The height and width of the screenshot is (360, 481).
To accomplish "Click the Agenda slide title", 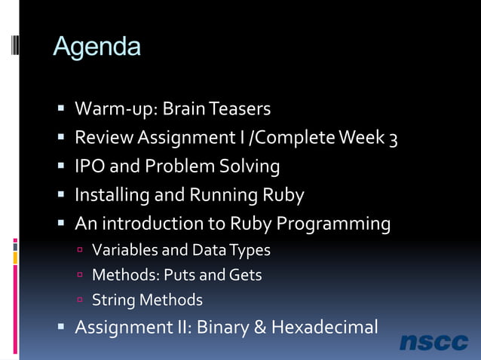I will point(97,47).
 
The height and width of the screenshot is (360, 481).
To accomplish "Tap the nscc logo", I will point(434,342).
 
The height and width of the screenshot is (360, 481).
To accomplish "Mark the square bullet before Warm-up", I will point(62,110).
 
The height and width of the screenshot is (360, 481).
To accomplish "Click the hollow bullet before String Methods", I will point(80,301).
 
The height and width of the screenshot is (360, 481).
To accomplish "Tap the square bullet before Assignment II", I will point(62,328).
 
